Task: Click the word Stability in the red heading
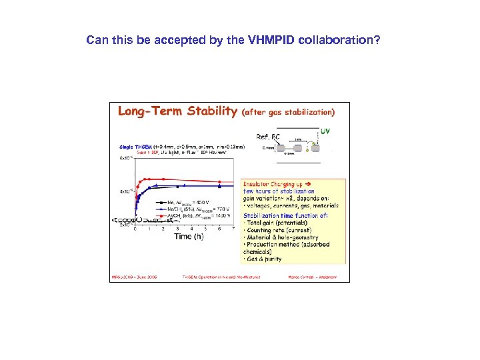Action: click(207, 111)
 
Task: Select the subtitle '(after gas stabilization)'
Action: click(289, 112)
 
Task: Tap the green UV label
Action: click(326, 131)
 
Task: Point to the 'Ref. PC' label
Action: click(268, 136)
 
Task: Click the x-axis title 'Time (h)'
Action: click(189, 236)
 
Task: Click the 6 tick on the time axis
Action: click(219, 229)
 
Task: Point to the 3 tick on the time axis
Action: click(177, 229)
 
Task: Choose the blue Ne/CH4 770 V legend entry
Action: click(193, 209)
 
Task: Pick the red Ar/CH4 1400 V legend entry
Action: click(193, 215)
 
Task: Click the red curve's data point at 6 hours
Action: click(219, 181)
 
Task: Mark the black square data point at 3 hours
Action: click(177, 185)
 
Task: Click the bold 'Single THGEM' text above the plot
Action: click(135, 146)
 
